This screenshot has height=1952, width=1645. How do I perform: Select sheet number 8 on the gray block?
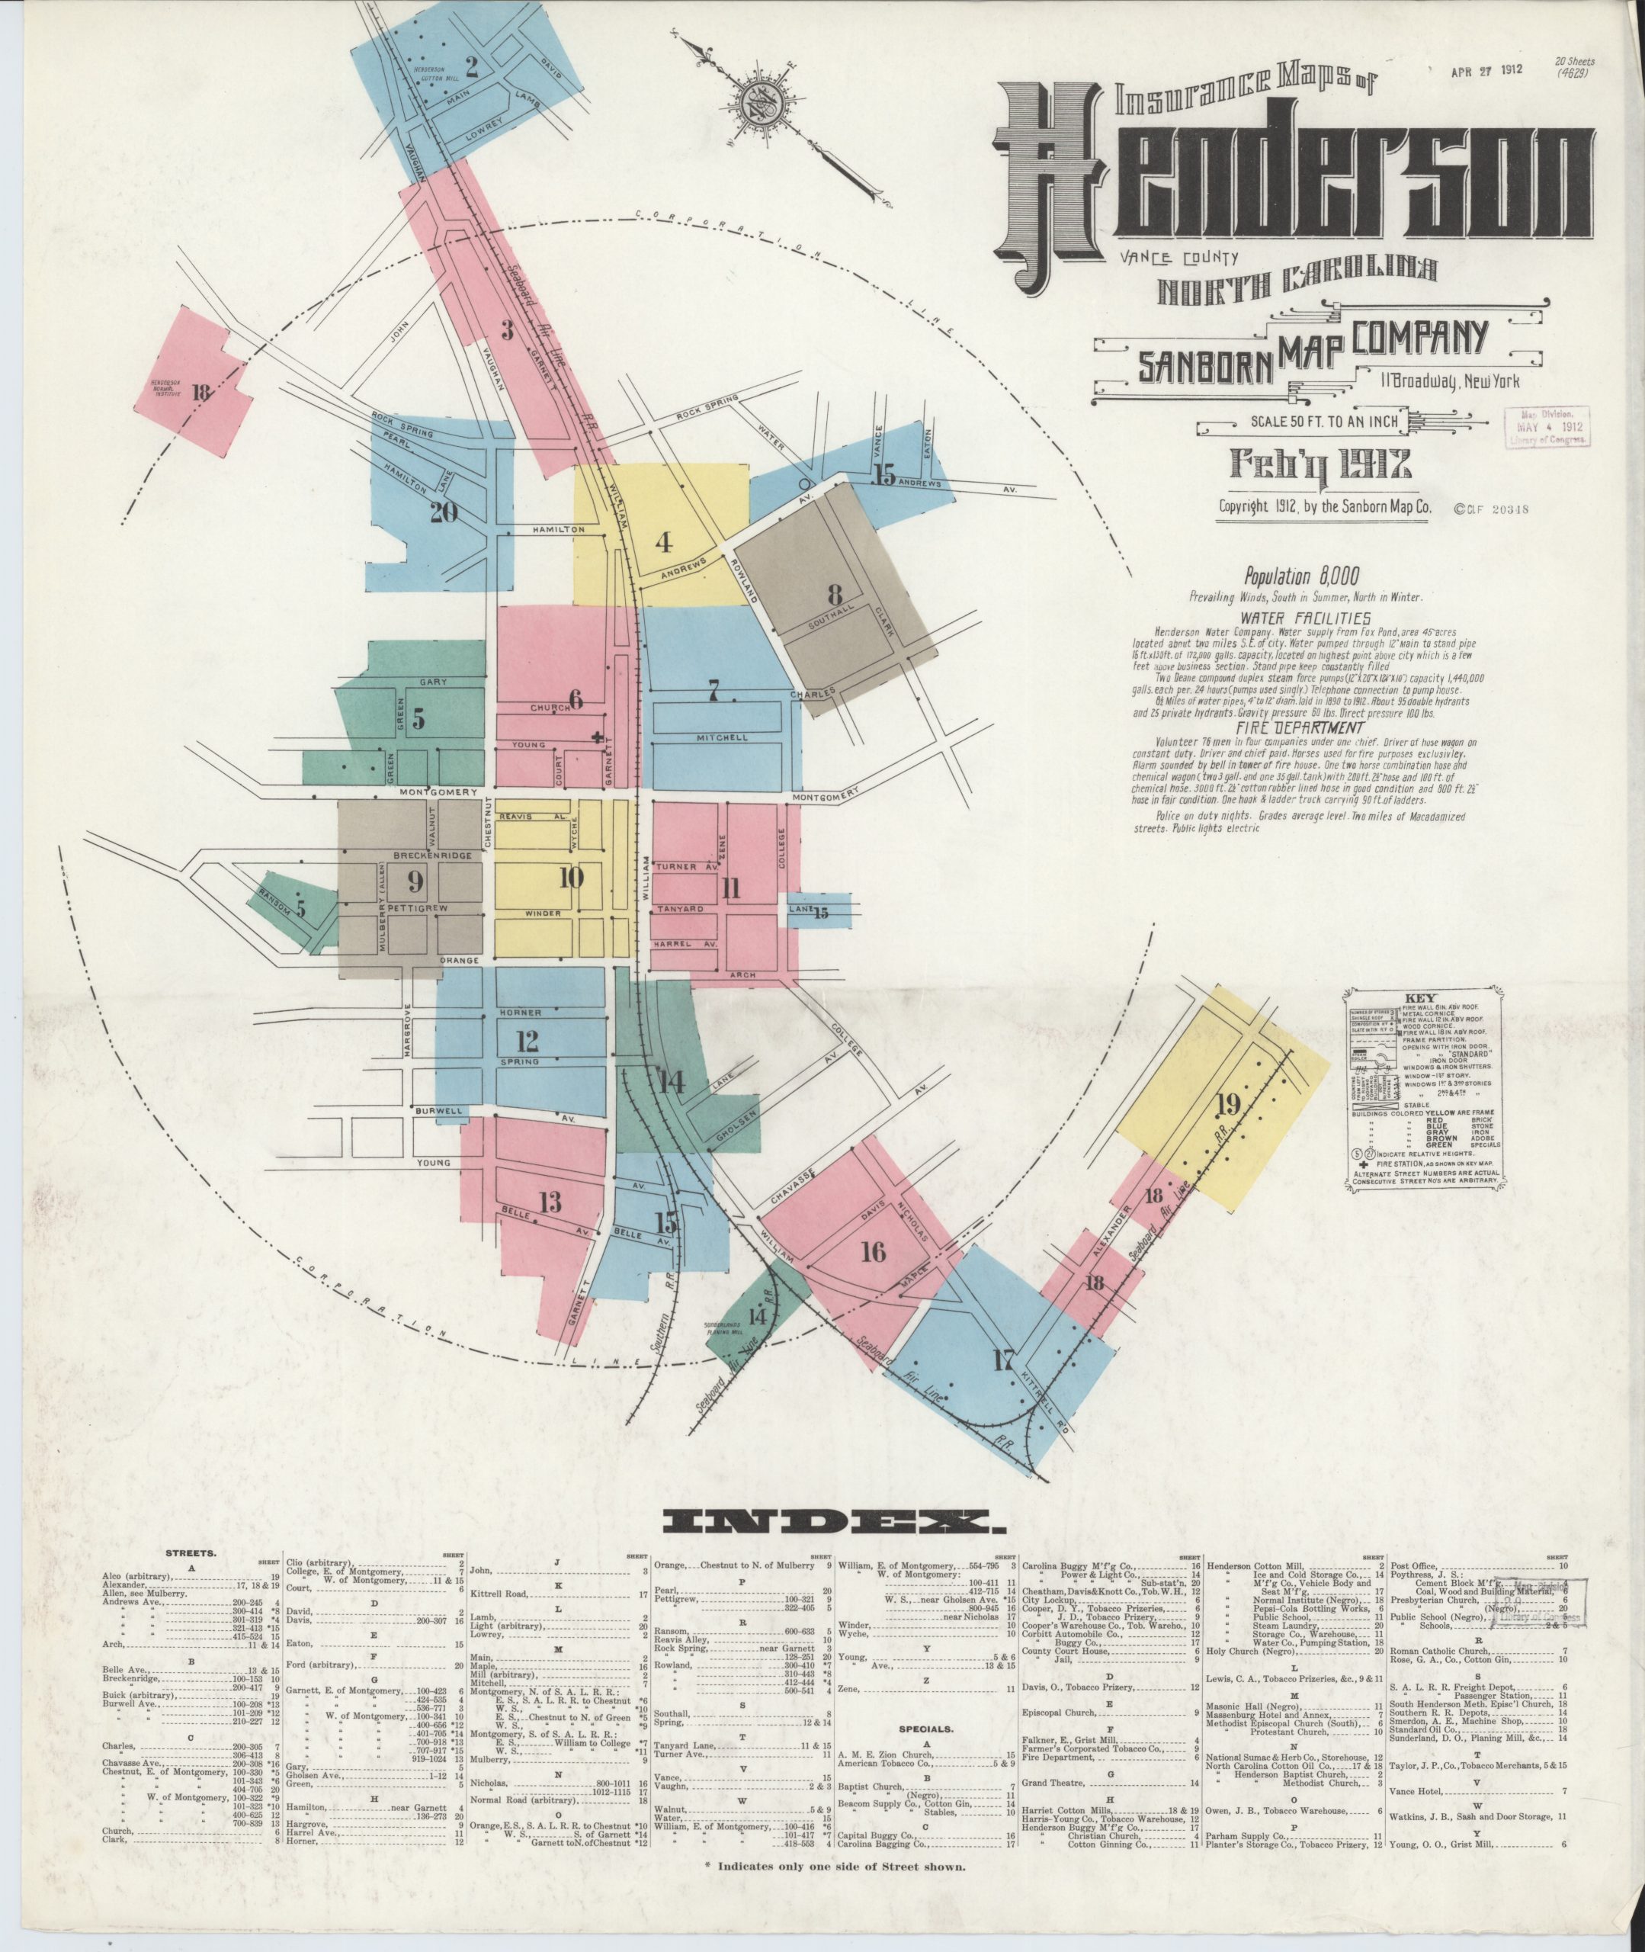point(835,593)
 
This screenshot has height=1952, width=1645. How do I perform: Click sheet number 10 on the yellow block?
point(571,877)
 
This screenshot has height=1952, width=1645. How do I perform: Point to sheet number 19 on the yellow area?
point(1227,1105)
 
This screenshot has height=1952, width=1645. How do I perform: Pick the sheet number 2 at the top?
point(472,66)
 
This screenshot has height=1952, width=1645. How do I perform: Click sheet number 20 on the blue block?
point(444,512)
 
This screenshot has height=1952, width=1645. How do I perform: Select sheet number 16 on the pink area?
point(873,1250)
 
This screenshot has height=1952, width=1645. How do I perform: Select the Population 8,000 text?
point(1302,576)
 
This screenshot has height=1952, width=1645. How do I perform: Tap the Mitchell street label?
point(722,737)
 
